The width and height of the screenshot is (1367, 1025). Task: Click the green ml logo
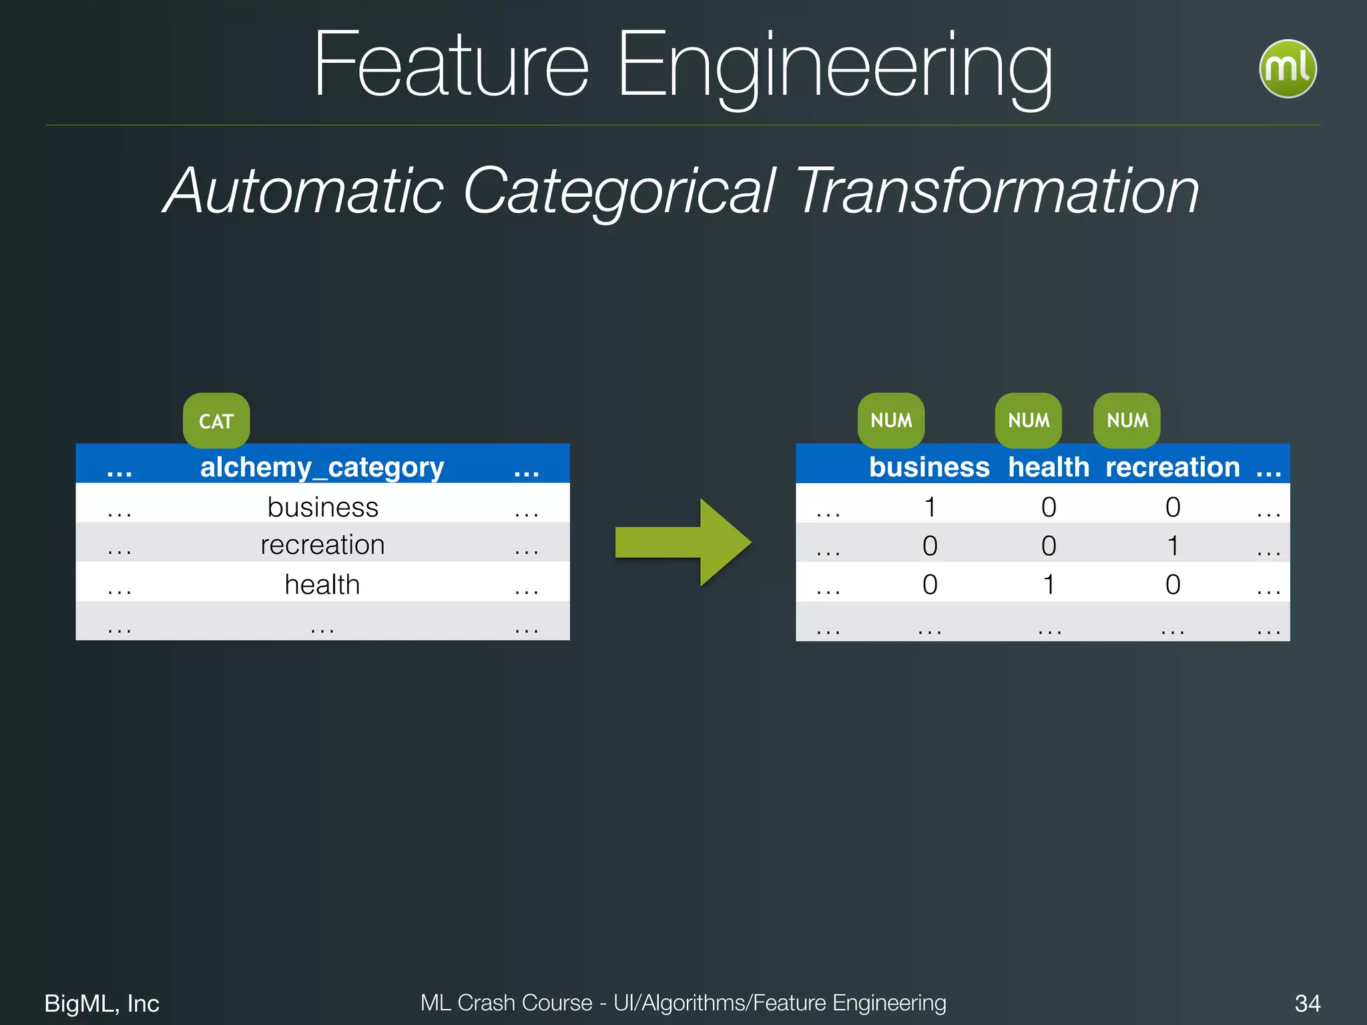[1287, 69]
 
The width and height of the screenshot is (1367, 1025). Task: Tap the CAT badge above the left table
[216, 420]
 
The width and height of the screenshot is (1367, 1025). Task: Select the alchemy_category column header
[322, 466]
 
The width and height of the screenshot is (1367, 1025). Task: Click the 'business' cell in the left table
[322, 506]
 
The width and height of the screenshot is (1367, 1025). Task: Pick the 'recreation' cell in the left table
[322, 545]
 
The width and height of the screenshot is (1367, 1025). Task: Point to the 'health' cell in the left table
[322, 584]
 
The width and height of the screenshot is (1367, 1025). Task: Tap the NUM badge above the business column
[891, 420]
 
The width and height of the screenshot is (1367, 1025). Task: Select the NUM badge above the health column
[1029, 420]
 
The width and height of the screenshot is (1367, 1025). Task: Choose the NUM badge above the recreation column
[1127, 420]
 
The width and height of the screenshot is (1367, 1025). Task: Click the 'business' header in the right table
[929, 466]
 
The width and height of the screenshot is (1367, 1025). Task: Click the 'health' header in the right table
[1049, 466]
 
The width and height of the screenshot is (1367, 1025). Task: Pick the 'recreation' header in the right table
[1172, 466]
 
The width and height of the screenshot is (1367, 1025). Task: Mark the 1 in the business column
[930, 507]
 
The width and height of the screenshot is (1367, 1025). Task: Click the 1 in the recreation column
[1173, 546]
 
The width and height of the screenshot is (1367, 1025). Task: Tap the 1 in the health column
[1049, 585]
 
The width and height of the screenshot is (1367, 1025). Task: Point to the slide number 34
[1307, 1003]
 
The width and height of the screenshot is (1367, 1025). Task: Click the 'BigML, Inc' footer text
[101, 1003]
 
